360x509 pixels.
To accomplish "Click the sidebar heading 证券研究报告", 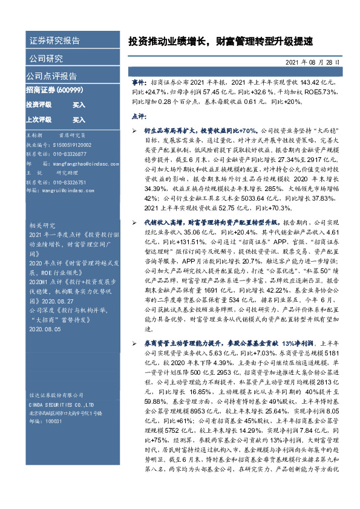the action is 55,41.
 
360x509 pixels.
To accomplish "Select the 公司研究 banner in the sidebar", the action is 46,59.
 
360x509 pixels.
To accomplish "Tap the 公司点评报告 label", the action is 51,76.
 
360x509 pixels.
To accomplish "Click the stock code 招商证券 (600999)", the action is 52,89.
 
